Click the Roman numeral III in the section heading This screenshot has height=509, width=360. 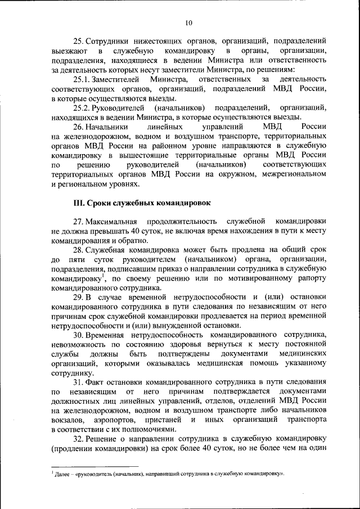point(79,201)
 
